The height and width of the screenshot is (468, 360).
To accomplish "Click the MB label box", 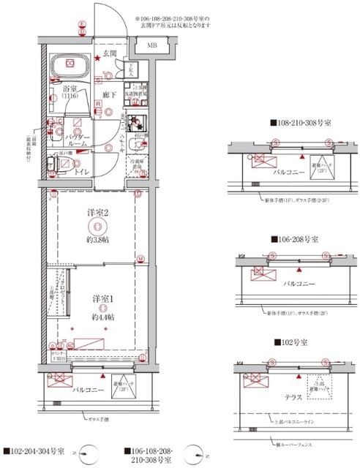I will click(151, 46).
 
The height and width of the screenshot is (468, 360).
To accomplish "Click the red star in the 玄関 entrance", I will click(97, 58).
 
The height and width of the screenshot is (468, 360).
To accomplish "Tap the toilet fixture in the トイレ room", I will click(57, 164).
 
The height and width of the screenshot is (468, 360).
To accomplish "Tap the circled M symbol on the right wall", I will click(140, 258).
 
